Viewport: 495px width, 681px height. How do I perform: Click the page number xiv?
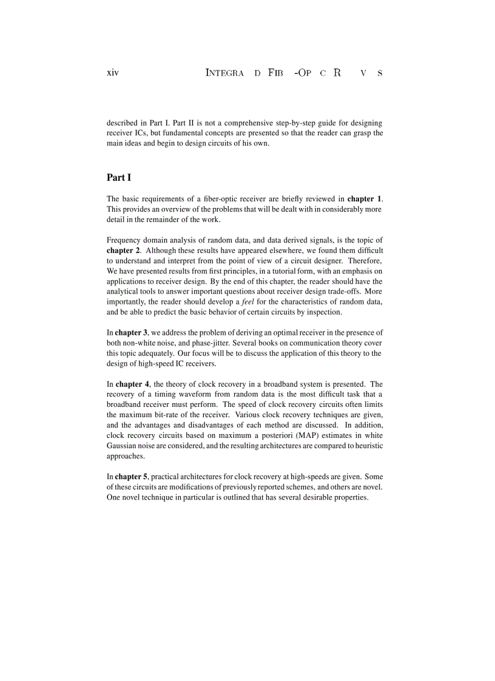point(113,73)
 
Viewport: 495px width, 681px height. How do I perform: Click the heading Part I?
point(119,178)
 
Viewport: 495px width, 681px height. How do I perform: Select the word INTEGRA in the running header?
point(225,73)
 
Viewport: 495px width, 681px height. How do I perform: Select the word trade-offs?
point(338,292)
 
